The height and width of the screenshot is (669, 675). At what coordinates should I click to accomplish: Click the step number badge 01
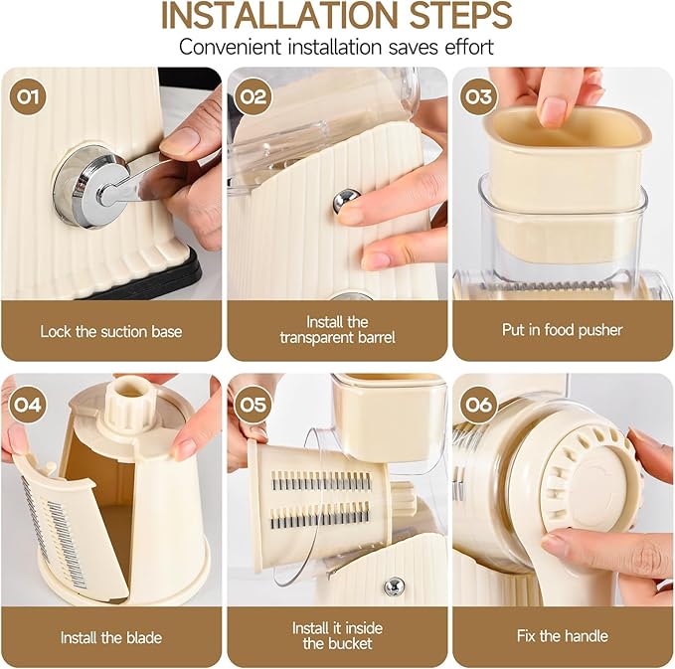tap(26, 97)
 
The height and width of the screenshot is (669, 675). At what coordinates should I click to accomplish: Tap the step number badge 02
tap(253, 97)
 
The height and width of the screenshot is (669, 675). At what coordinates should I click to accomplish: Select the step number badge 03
tap(478, 97)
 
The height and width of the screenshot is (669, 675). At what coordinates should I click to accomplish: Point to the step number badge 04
tap(26, 404)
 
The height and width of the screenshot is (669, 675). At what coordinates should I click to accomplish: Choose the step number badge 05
tap(253, 404)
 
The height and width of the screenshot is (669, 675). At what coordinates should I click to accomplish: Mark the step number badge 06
tap(478, 404)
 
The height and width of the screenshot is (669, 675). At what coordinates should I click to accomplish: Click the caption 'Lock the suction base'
tap(111, 330)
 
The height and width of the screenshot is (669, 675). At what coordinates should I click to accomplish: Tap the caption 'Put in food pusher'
tap(563, 330)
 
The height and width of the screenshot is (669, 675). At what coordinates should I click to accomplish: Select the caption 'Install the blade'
tap(111, 636)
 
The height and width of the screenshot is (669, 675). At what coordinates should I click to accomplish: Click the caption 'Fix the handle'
tap(563, 636)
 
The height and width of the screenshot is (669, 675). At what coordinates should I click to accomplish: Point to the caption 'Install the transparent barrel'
tap(337, 330)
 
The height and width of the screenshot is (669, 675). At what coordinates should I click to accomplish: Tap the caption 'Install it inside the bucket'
tap(337, 636)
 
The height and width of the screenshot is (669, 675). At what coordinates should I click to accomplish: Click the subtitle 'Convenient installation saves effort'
tap(337, 48)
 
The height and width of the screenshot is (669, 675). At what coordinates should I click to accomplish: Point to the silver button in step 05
tap(394, 586)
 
